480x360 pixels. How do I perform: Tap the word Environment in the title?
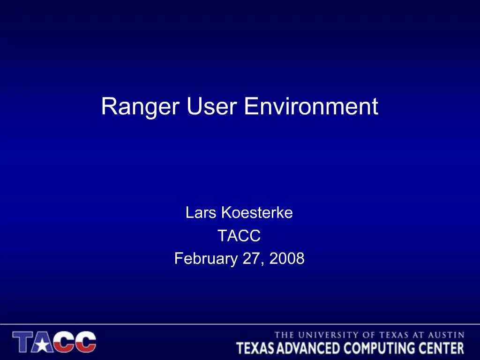311,106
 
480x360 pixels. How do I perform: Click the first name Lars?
201,213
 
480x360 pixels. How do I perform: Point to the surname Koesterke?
256,213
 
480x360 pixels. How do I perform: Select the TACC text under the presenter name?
239,236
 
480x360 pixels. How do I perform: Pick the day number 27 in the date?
253,258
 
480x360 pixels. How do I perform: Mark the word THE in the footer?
284,335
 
